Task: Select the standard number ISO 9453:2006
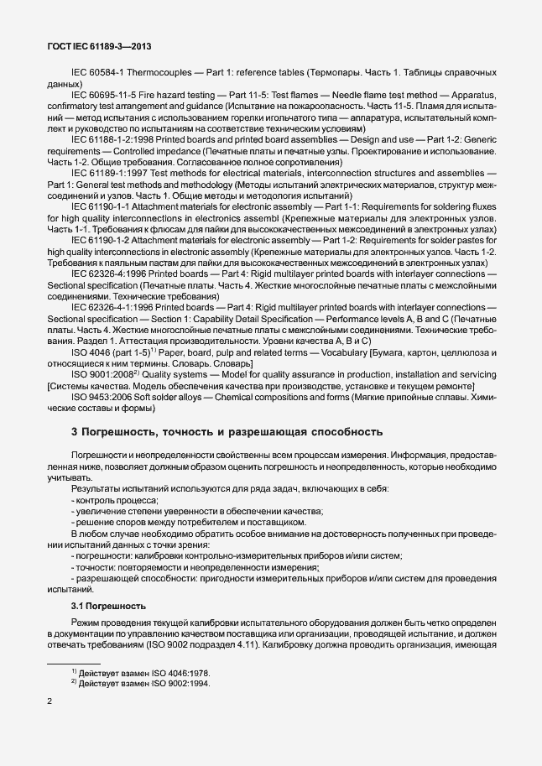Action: (106, 395)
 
